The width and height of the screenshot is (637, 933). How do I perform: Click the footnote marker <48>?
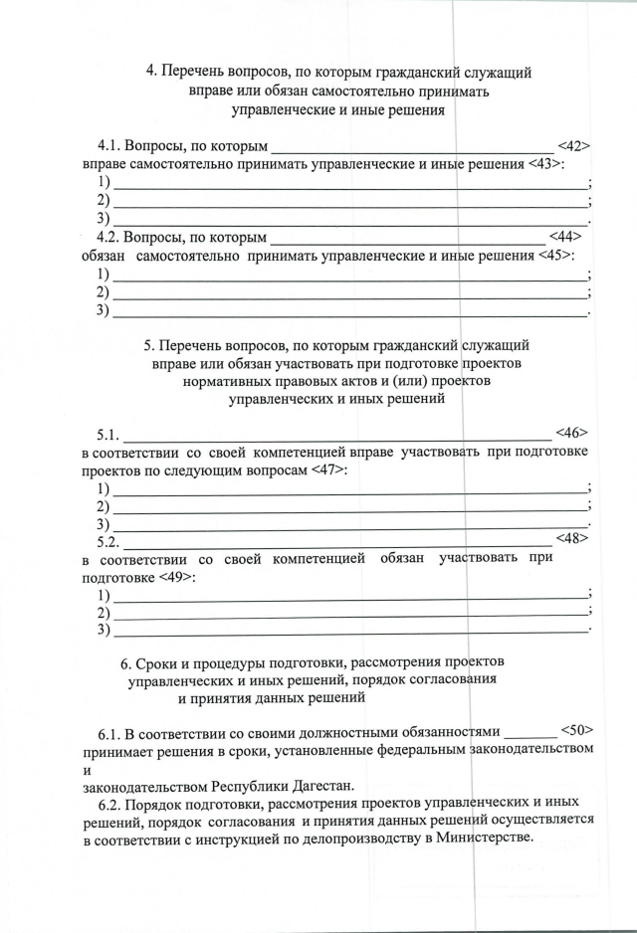571,539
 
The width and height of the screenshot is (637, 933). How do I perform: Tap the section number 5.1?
107,435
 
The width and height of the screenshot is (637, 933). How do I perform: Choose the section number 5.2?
107,542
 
